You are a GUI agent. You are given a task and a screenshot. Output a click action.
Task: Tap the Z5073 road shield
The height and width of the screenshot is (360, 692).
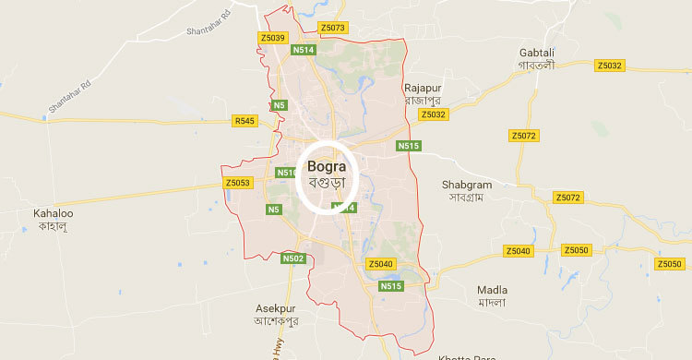330,28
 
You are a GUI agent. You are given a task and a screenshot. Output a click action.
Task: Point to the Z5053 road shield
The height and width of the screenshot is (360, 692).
237,184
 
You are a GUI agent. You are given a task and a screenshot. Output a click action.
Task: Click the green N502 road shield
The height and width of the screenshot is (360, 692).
293,258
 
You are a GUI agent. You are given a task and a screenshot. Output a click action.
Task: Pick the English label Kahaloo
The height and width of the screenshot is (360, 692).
53,213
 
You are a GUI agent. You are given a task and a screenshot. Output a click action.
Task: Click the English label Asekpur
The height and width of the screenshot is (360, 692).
277,307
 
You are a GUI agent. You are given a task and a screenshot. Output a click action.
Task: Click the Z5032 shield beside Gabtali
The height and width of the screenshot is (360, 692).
610,66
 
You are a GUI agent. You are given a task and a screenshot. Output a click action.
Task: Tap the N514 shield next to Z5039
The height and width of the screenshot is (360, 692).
303,50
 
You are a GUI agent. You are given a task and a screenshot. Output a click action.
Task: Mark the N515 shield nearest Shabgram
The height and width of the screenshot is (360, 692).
408,146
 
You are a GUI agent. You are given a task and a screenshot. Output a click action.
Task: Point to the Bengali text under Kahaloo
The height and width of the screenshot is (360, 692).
53,227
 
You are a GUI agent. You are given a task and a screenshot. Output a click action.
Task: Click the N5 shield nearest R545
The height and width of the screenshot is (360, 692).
278,105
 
